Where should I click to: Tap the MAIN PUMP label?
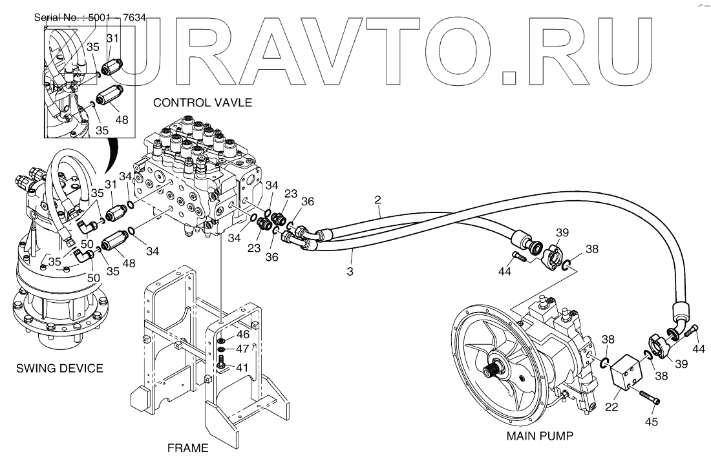(x=540, y=436)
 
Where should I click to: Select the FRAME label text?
(x=188, y=447)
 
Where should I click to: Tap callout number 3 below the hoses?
(x=350, y=272)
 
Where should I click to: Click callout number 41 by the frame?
(x=242, y=367)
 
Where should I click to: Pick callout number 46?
(x=242, y=334)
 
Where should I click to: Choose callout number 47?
(x=242, y=349)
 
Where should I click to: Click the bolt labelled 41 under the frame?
(x=222, y=363)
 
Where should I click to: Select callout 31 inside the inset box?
(x=112, y=39)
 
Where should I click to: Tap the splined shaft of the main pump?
(x=493, y=372)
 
